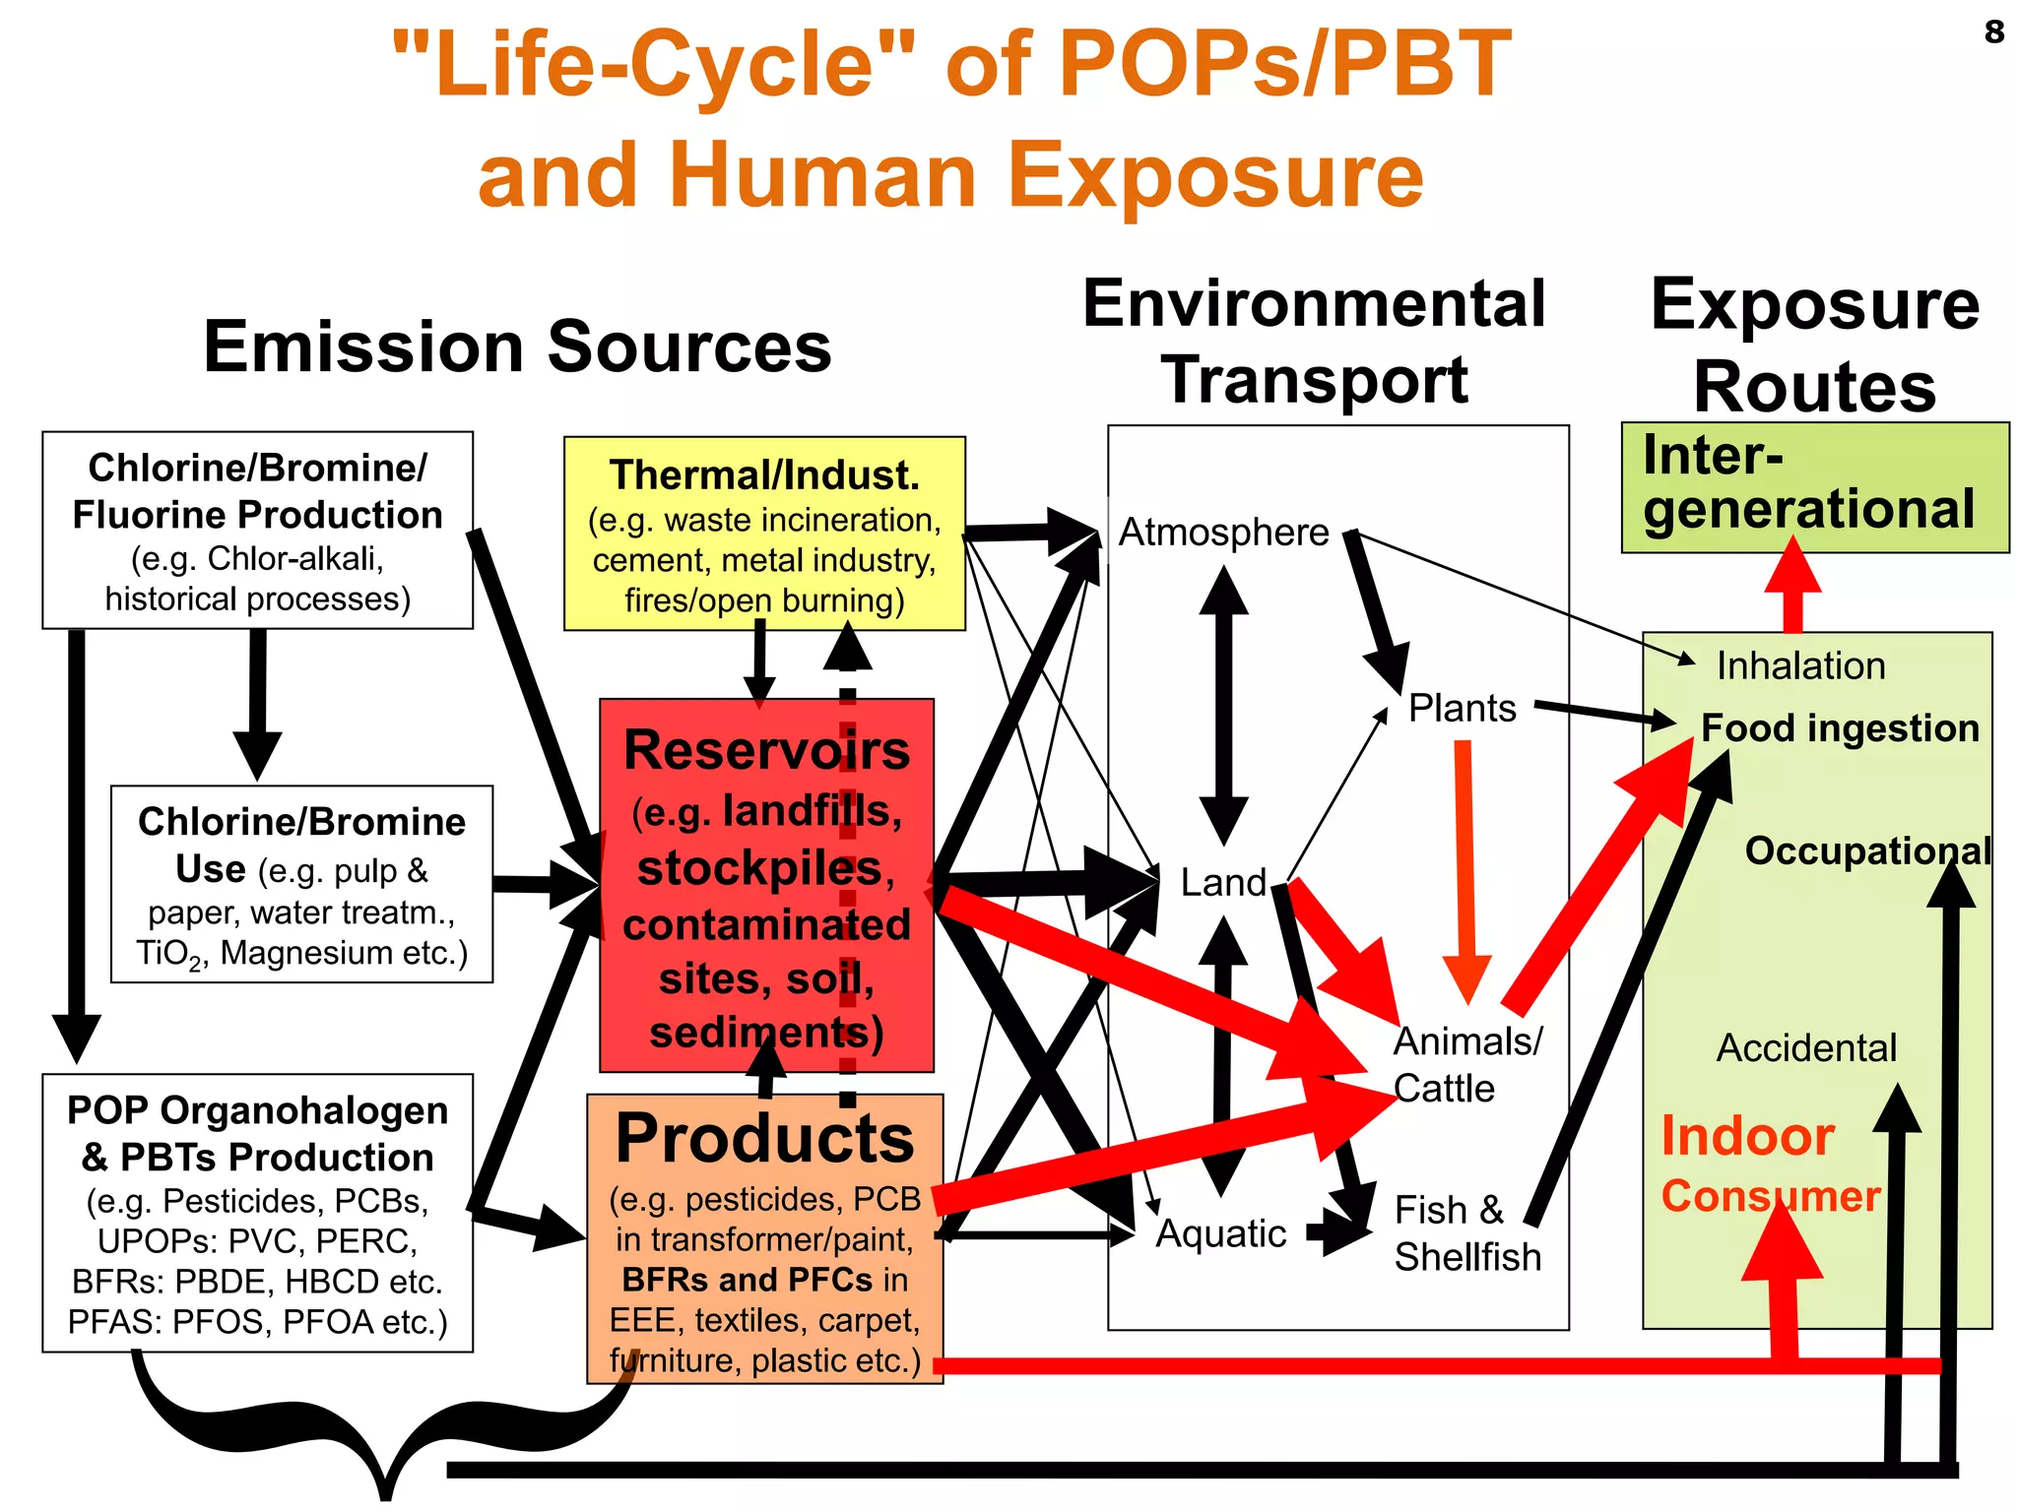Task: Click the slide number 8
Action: coord(1993,32)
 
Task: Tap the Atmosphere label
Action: coord(1224,533)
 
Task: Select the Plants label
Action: coord(1463,709)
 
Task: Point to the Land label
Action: coord(1223,883)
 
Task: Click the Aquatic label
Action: coord(1221,1233)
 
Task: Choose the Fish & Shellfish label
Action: coord(1466,1233)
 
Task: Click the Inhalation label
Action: coord(1800,666)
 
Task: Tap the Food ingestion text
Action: coord(1840,728)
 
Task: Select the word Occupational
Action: coord(1867,850)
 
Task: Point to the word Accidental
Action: coord(1806,1048)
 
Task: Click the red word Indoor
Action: coord(1747,1137)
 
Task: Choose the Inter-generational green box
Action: coord(1814,487)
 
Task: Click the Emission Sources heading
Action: coord(517,347)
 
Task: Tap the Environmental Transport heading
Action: coord(1314,342)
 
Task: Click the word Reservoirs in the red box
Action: coord(766,750)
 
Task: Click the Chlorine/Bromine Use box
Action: coord(301,884)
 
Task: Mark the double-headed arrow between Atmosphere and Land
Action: coord(1223,706)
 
